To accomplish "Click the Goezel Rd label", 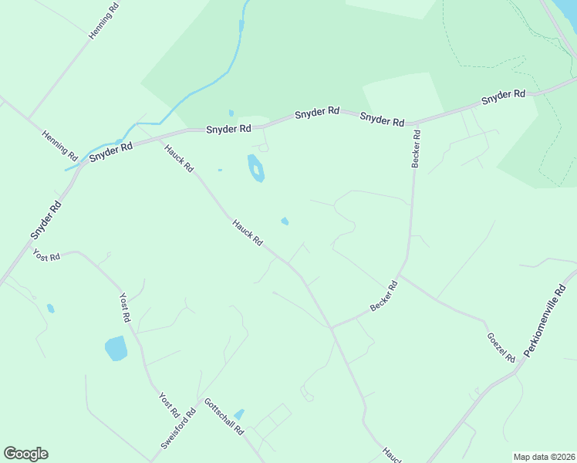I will click(x=501, y=347).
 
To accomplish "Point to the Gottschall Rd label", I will click(x=224, y=417).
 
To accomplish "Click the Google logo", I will click(x=25, y=454).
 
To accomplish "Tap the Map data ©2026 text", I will click(x=545, y=456).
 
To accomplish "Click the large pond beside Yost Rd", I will click(x=116, y=348).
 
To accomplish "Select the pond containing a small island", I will click(x=255, y=168).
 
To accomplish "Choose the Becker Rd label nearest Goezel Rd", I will click(x=383, y=296).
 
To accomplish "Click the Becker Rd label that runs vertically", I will click(x=417, y=148).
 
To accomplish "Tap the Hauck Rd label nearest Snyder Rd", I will click(x=178, y=157).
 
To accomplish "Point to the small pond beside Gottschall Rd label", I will click(x=239, y=414).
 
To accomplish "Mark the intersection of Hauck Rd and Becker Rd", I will click(x=332, y=327).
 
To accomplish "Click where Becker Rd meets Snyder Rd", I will click(x=416, y=123).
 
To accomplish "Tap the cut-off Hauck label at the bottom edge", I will click(x=392, y=455).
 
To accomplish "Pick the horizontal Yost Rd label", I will click(x=46, y=255).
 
